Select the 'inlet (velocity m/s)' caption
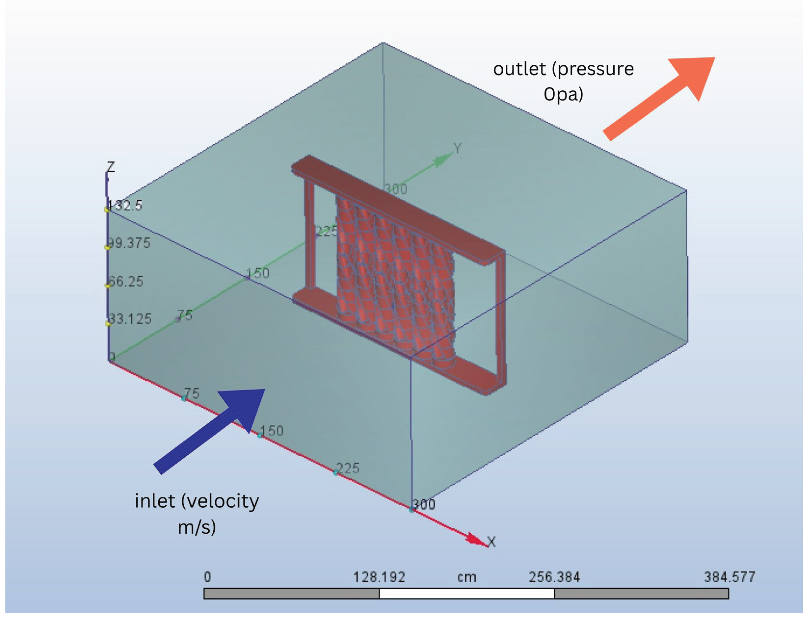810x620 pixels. pos(197,513)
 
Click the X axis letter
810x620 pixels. pos(491,542)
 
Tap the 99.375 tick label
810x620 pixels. pos(129,243)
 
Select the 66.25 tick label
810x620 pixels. pos(125,281)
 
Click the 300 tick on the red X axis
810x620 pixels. pos(424,504)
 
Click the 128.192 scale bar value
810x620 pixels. pos(379,577)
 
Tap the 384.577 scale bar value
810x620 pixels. pos(729,577)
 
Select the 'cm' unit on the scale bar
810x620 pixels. pos(467,577)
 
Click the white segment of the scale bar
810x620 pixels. pos(467,594)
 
